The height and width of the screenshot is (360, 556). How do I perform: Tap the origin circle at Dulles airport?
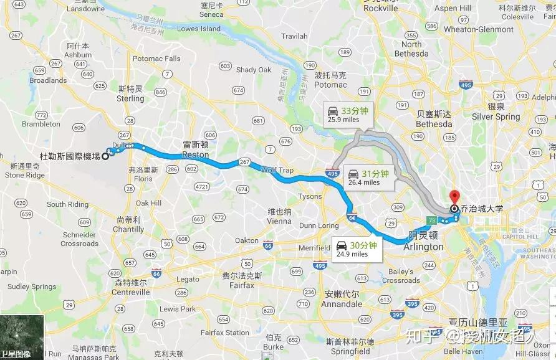(x=105, y=156)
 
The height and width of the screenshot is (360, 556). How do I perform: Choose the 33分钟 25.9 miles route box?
(x=349, y=114)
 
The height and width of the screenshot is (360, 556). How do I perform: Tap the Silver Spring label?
(x=496, y=116)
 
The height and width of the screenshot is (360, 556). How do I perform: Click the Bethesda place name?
(x=434, y=124)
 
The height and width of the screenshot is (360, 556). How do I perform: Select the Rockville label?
(x=380, y=8)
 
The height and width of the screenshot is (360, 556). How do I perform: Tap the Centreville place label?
(x=131, y=291)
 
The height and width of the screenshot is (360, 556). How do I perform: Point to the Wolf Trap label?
(x=277, y=169)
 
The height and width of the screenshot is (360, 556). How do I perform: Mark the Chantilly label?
(x=129, y=229)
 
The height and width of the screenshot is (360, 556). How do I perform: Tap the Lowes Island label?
(x=199, y=29)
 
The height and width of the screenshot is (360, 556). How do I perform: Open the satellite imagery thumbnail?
(x=22, y=337)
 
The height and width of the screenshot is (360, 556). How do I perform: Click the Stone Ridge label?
(x=25, y=175)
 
